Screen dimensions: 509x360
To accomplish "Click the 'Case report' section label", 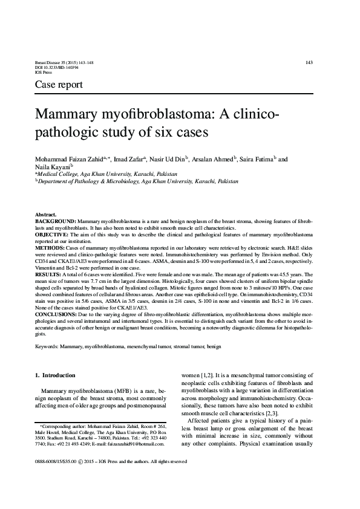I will [x=59, y=85].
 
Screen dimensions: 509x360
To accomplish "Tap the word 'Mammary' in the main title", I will [x=70, y=115].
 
